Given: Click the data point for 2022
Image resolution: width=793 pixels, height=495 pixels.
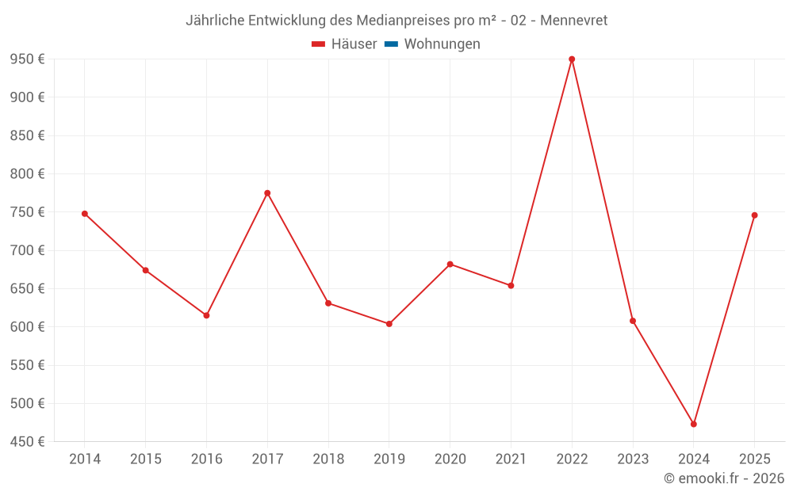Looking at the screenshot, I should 572,59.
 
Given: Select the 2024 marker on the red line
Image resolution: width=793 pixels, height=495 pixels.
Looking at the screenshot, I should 694,425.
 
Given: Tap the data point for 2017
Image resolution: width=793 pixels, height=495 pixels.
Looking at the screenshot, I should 267,193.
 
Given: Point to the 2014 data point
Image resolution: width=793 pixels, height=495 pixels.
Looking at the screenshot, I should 85,214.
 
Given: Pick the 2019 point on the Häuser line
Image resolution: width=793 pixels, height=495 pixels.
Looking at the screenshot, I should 389,324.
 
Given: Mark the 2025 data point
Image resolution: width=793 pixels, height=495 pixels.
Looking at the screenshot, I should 754,215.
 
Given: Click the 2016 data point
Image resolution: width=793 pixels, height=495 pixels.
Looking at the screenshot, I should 206,315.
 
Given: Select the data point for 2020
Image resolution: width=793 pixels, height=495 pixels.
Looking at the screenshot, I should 450,265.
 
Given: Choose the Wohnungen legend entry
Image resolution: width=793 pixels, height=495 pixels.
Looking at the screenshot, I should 442,44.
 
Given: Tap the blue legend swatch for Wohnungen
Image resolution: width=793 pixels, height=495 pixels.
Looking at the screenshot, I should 390,44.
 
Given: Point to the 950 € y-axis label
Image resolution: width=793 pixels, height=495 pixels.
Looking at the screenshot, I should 27,59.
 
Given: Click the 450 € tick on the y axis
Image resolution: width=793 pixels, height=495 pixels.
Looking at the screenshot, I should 27,442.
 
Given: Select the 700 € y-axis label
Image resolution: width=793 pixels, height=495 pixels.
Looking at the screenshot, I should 27,250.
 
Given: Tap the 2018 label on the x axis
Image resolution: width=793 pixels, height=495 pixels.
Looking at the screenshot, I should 328,459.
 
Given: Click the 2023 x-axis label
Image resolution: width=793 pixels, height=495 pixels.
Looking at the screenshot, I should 633,459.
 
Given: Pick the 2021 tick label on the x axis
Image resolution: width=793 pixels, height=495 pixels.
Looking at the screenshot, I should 511,459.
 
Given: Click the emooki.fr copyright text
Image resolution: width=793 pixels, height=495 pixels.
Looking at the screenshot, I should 724,478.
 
